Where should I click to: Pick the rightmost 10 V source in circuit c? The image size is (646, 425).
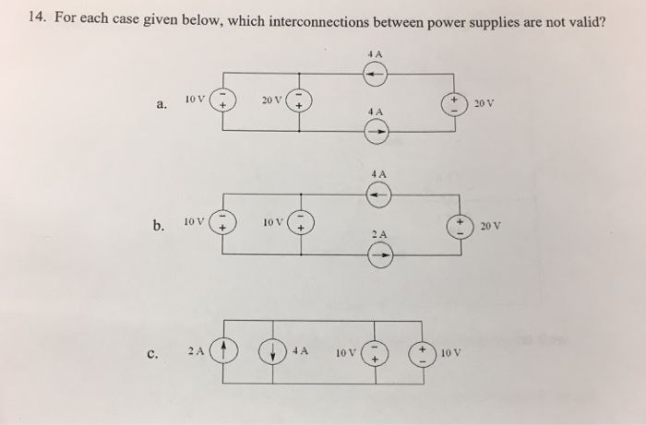[425, 352]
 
